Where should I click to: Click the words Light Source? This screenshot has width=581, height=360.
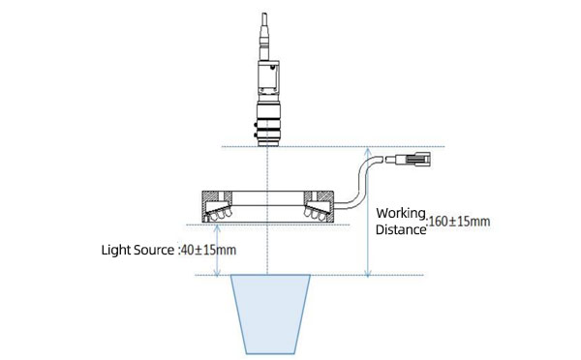tap(138, 250)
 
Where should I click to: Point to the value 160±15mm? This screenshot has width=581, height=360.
tap(460, 222)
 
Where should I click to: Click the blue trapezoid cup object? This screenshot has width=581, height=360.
tap(268, 313)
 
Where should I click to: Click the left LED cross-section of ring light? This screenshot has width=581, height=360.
tap(217, 206)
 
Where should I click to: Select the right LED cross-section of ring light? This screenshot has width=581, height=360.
tap(321, 206)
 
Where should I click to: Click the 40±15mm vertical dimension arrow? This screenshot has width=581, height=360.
tap(218, 250)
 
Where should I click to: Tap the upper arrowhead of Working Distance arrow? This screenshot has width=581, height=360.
tap(368, 151)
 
